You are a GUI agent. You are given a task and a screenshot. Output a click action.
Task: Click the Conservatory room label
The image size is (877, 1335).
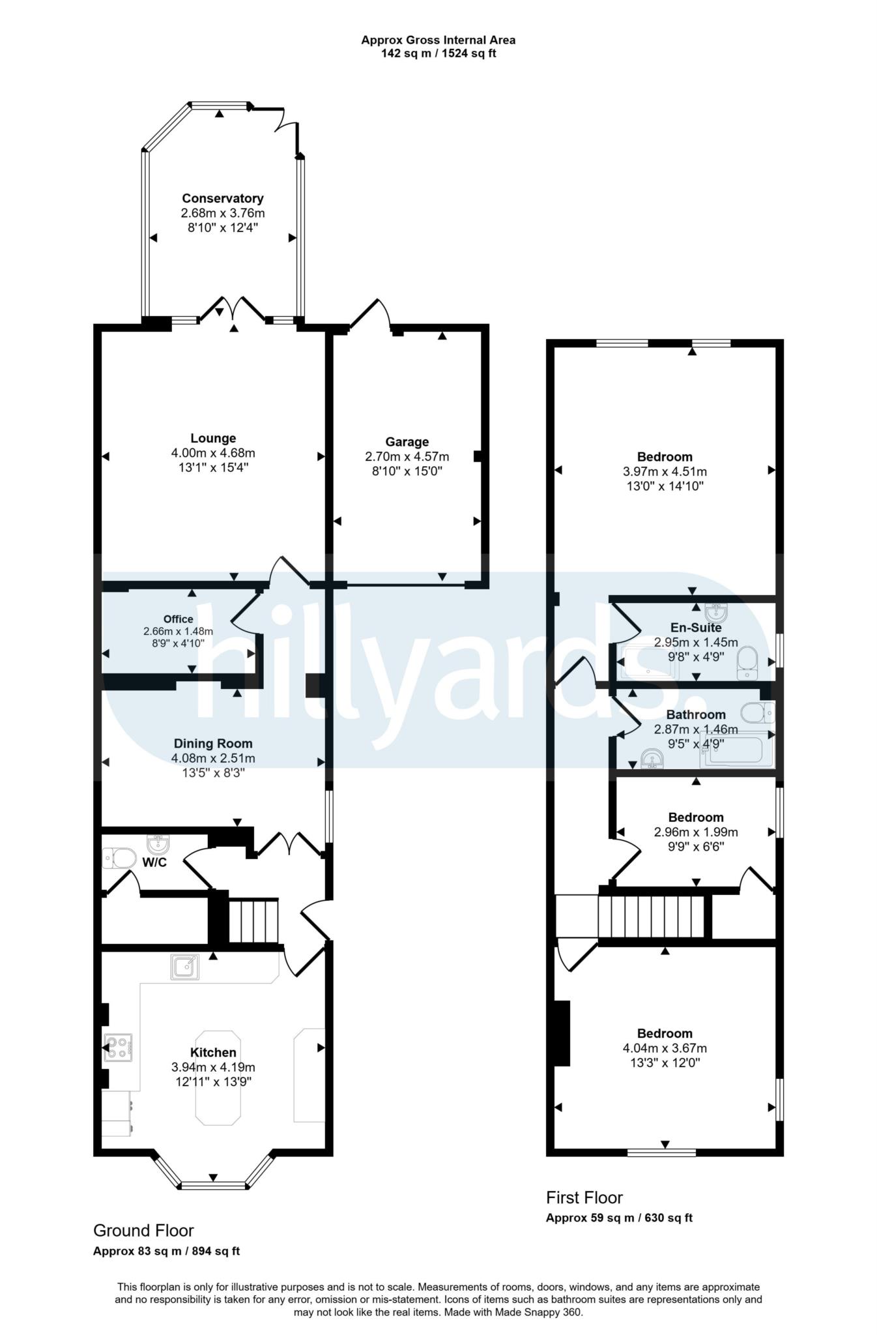coord(222,198)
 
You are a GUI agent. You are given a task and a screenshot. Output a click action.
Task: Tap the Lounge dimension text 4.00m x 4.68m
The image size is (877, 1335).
coord(213,453)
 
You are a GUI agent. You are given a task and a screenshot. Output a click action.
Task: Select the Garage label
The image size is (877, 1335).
coord(407,442)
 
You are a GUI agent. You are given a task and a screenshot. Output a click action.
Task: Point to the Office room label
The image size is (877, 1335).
coord(178,619)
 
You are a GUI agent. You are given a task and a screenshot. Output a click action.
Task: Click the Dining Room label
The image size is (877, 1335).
coord(213,744)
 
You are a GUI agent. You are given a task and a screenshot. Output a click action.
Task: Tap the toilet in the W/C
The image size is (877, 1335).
coord(119,858)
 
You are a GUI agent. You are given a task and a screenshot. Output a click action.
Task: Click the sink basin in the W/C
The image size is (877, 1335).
coord(158,845)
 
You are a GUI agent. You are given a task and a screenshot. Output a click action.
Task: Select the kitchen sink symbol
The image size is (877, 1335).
coord(185,967)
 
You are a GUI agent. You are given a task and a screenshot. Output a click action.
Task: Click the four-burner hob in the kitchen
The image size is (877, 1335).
coord(119,1048)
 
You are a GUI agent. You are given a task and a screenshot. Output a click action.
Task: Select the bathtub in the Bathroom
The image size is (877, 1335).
coord(737,753)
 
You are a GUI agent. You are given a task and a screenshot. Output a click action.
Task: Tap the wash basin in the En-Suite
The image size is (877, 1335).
coord(717,612)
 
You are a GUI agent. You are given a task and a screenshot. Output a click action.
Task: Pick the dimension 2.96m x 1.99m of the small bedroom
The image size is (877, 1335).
coord(696,832)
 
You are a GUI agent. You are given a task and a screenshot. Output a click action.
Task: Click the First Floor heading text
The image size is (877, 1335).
coord(584,1198)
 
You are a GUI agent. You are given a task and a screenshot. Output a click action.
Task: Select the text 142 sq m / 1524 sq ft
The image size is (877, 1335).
coord(438,53)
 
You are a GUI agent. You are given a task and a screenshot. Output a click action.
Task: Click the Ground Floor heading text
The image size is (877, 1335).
coord(143,1231)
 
